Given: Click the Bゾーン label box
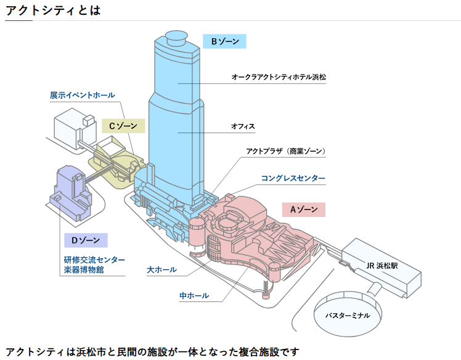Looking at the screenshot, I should click(224, 41).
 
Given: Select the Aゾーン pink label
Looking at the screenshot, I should click(304, 209).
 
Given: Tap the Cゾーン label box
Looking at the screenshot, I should click(123, 126).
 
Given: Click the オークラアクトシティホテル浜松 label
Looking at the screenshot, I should click(279, 78).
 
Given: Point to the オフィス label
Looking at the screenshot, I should click(243, 126).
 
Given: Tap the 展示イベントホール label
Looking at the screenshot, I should click(82, 95).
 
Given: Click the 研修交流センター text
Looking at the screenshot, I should click(94, 260).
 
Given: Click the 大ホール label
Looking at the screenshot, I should click(161, 269).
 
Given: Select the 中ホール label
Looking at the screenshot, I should click(194, 296).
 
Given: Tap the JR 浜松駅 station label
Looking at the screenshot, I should click(381, 266).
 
